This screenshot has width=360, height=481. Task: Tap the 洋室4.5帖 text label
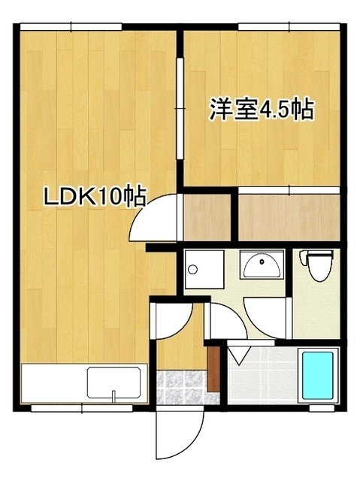(261, 110)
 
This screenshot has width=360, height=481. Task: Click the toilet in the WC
(316, 264)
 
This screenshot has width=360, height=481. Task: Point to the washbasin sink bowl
(261, 265)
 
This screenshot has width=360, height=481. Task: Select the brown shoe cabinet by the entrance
(213, 367)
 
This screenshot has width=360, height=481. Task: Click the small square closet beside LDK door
(207, 218)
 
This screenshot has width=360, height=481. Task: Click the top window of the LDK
(71, 28)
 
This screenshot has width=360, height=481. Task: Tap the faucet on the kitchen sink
(113, 394)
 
